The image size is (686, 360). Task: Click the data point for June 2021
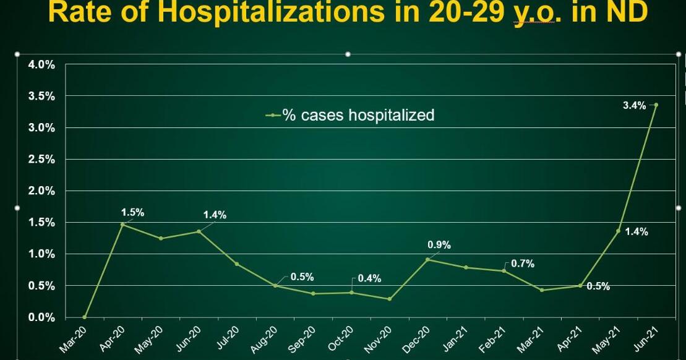[656, 105]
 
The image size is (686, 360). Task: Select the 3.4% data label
[634, 106]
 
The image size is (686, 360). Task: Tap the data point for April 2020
[122, 225]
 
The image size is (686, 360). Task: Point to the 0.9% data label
[439, 245]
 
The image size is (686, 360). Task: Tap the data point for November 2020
[389, 299]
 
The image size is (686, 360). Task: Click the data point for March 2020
[84, 317]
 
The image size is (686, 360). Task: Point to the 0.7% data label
[523, 264]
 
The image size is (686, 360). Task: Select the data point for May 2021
[617, 231]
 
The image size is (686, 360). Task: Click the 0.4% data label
[369, 279]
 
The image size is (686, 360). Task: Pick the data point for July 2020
[237, 264]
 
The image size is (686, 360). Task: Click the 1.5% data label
[132, 213]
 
